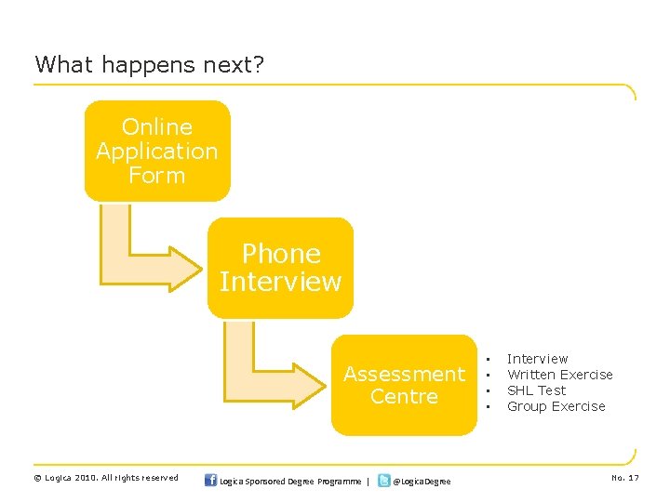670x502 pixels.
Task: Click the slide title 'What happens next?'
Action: click(x=150, y=64)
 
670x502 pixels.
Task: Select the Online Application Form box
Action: click(x=157, y=151)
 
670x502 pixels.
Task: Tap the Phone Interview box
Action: click(x=280, y=268)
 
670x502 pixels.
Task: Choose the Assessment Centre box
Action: click(x=404, y=385)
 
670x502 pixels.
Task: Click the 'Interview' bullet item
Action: click(x=537, y=359)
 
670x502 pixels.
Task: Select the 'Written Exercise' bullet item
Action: click(x=559, y=375)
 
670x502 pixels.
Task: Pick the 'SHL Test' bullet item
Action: click(x=536, y=390)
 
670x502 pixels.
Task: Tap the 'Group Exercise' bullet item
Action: click(x=556, y=406)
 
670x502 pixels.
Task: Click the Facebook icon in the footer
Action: click(x=209, y=480)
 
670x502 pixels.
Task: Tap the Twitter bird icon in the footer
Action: click(x=383, y=480)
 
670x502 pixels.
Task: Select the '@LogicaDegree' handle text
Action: click(x=422, y=481)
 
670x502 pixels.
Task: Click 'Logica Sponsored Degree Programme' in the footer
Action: click(x=291, y=481)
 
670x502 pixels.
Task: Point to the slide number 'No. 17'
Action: click(x=624, y=478)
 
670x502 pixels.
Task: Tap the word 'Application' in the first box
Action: click(x=157, y=151)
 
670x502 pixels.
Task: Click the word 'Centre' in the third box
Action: click(x=404, y=397)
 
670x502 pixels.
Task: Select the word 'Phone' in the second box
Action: click(x=280, y=254)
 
